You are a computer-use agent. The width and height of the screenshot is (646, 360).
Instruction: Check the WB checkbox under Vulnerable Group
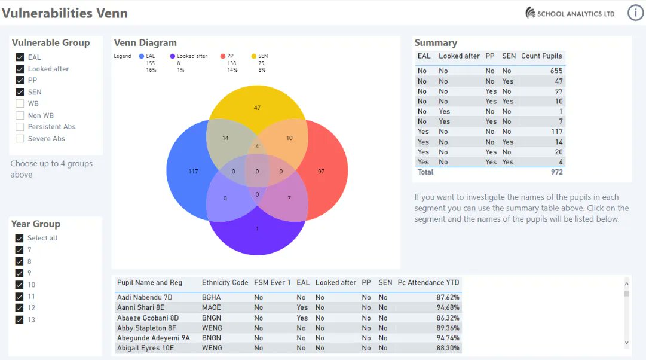pos(20,103)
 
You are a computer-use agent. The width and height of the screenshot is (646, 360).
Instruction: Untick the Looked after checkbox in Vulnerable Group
pos(20,69)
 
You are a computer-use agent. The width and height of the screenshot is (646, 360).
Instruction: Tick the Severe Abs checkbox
pos(20,139)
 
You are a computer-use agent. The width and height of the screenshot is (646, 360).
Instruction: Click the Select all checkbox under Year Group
pos(19,238)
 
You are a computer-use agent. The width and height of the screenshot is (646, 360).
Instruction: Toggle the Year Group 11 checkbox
pos(19,296)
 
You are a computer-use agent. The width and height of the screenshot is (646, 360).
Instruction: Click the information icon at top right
pos(635,13)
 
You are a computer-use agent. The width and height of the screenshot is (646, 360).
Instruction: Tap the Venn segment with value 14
pos(225,138)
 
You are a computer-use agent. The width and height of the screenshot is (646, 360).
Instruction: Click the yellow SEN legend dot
pos(254,56)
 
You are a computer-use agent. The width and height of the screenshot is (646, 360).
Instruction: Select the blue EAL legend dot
pos(142,56)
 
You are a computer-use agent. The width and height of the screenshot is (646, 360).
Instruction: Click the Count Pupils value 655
pos(556,71)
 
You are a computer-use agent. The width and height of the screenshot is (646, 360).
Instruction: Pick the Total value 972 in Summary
pos(556,172)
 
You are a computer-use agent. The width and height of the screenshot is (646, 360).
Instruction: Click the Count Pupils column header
pos(541,56)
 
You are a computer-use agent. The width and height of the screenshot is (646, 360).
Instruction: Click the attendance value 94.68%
pos(448,307)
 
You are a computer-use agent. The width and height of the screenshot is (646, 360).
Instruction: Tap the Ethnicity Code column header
pos(225,282)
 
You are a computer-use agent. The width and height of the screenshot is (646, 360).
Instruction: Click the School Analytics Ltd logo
pos(570,13)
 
